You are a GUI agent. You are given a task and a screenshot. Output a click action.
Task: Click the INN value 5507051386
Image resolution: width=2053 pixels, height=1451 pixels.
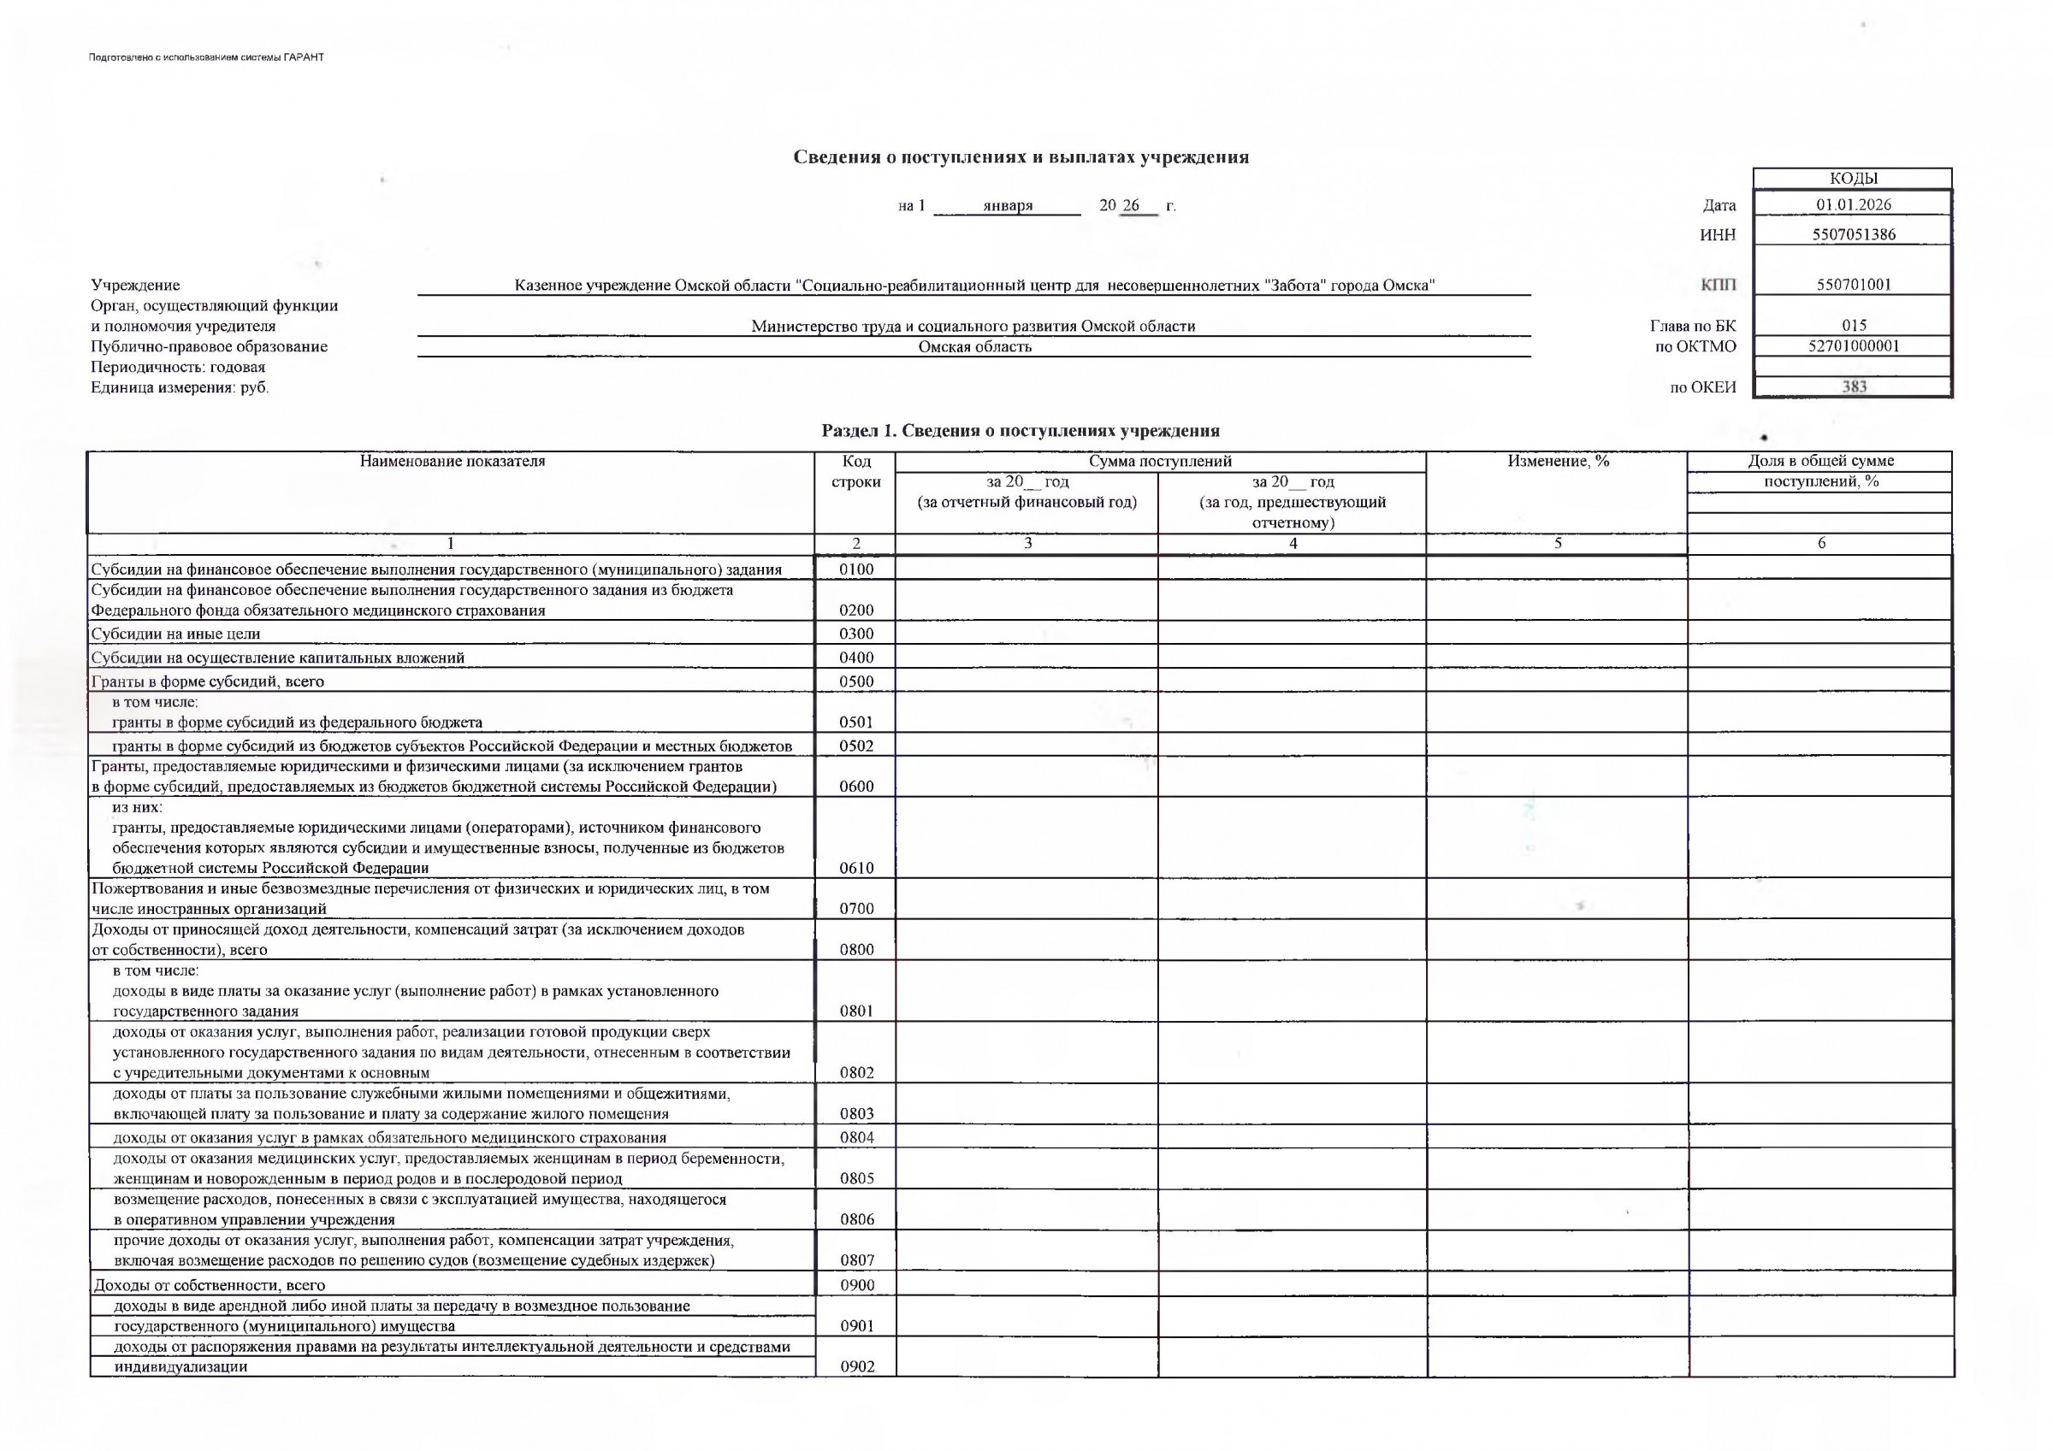pyautogui.click(x=1855, y=235)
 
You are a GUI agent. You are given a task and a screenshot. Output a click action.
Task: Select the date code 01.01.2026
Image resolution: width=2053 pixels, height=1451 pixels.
pyautogui.click(x=1854, y=204)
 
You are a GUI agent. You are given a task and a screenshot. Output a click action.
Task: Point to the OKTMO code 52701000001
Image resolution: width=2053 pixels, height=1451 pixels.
pyautogui.click(x=1854, y=346)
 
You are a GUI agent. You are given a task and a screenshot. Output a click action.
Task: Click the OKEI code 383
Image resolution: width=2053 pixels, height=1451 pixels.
pyautogui.click(x=1854, y=387)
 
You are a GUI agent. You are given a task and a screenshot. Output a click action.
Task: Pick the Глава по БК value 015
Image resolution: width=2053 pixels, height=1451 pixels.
pyautogui.click(x=1854, y=326)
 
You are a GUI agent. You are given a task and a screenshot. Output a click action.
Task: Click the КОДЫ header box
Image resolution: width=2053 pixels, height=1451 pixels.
pyautogui.click(x=1852, y=179)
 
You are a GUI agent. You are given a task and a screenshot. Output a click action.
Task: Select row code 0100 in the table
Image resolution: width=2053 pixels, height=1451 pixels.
pyautogui.click(x=855, y=569)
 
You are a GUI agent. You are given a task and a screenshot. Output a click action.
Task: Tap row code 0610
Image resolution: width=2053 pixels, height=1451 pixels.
pyautogui.click(x=855, y=867)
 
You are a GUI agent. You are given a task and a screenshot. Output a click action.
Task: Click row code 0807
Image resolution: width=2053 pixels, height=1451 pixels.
pyautogui.click(x=855, y=1260)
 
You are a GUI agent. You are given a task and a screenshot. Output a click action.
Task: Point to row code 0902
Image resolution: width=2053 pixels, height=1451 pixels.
pyautogui.click(x=855, y=1366)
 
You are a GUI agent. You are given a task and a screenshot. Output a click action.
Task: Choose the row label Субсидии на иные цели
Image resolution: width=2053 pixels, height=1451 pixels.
pyautogui.click(x=176, y=634)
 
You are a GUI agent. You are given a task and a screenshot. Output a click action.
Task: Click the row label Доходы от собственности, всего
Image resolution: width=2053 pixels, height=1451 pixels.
pyautogui.click(x=210, y=1286)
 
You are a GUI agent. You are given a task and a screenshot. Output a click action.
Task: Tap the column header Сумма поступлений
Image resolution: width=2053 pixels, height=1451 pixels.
pyautogui.click(x=1160, y=462)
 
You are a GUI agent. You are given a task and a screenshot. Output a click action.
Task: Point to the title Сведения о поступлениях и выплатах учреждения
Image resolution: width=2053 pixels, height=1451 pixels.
pyautogui.click(x=1021, y=157)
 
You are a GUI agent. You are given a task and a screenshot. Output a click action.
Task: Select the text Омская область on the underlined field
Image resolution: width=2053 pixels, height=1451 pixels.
pyautogui.click(x=974, y=347)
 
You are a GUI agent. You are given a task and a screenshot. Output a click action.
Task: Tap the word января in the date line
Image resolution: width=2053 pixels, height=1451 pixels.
pyautogui.click(x=1008, y=205)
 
